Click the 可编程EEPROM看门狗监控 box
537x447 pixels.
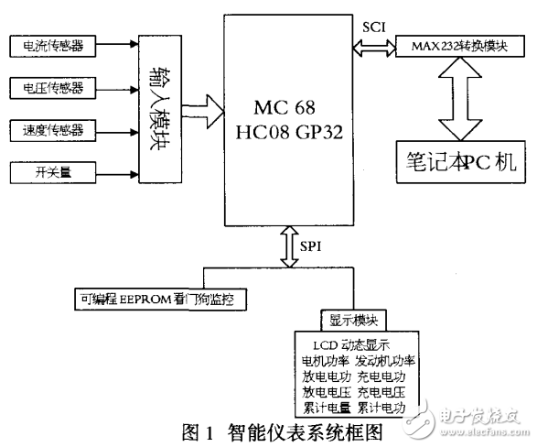click(x=161, y=300)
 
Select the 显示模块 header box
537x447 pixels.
click(x=352, y=321)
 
